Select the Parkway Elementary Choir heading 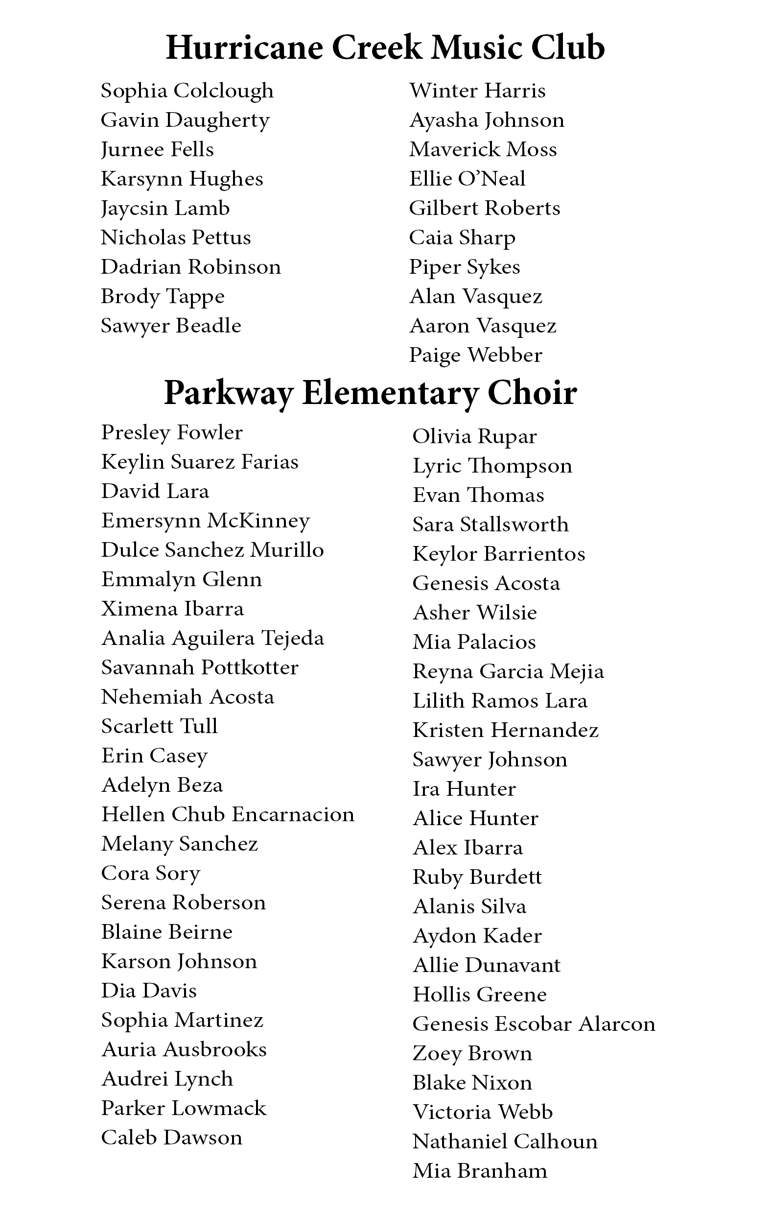[x=371, y=393]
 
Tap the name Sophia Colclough [x=187, y=91]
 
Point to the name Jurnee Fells [x=157, y=150]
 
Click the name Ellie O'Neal [x=467, y=179]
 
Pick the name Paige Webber [x=476, y=356]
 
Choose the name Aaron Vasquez [x=483, y=326]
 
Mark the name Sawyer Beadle [x=171, y=326]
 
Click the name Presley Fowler [x=172, y=433]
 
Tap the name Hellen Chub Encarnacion [x=228, y=815]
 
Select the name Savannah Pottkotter [x=200, y=668]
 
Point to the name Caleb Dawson [x=172, y=1138]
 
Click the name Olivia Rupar [x=474, y=437]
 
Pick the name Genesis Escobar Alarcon [x=534, y=1024]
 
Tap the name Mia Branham [x=480, y=1171]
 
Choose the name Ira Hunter [x=464, y=789]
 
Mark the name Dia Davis [x=148, y=991]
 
